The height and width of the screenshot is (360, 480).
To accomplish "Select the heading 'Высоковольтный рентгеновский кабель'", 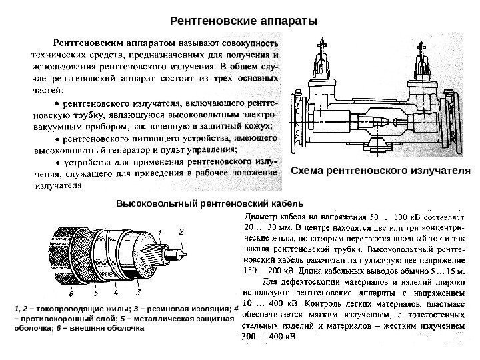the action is tap(209, 201).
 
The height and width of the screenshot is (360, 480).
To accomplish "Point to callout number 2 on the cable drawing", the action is tap(182, 230).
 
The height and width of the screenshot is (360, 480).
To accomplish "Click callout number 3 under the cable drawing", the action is tap(138, 291).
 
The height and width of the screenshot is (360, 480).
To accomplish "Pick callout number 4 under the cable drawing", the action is tap(116, 291).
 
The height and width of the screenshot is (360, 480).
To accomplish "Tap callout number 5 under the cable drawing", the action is tap(95, 292).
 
